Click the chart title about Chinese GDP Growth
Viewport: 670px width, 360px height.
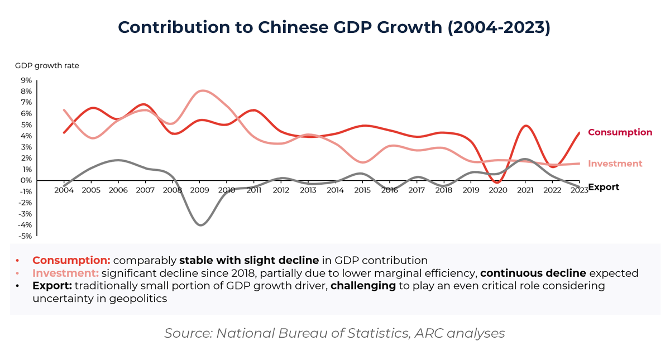pos(334,28)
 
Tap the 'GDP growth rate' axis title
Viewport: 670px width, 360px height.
pos(47,66)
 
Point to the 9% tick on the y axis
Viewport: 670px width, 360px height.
pos(26,80)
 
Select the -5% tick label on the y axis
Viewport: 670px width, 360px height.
pos(25,236)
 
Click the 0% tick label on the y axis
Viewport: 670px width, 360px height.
pos(26,180)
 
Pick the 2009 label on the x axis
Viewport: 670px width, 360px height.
pos(200,190)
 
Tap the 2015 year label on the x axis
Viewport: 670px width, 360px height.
pos(362,190)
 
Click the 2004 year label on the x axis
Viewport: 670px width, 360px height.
pos(64,190)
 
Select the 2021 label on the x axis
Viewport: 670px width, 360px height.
pos(525,190)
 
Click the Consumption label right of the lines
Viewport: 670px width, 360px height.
pos(620,133)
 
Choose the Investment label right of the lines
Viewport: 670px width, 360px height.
pos(615,164)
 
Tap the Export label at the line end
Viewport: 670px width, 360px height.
pos(604,187)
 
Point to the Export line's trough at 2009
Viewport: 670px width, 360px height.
pos(201,224)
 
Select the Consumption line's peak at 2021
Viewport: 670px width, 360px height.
pos(525,126)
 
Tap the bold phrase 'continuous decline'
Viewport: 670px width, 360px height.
pos(533,273)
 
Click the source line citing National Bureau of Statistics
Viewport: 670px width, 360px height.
pos(334,334)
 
